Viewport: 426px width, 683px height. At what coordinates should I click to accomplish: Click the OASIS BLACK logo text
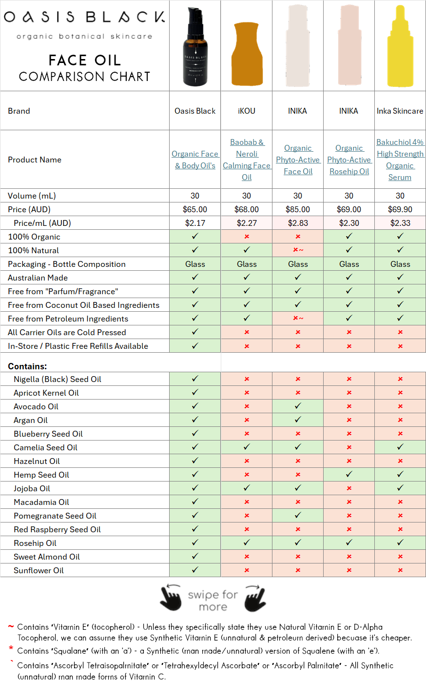[84, 17]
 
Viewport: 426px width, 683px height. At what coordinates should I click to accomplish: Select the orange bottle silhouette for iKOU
[247, 55]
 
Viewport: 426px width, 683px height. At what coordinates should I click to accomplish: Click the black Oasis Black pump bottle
[195, 49]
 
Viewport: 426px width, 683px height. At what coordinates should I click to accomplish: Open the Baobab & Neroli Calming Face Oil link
[247, 160]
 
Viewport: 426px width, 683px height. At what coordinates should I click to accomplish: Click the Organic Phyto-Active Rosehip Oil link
[349, 160]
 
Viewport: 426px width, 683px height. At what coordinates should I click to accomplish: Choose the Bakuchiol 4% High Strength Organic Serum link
[400, 160]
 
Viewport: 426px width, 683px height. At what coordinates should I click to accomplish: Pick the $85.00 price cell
[297, 209]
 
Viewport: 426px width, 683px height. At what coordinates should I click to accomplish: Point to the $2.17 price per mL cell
[195, 223]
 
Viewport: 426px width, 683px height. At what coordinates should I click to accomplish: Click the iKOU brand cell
[247, 111]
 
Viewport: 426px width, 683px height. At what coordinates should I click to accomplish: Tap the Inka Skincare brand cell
[400, 111]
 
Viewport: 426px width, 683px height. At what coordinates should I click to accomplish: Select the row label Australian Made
[38, 278]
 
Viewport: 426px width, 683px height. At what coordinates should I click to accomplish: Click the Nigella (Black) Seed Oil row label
[58, 379]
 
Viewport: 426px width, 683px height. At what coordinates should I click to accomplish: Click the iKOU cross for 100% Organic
[247, 237]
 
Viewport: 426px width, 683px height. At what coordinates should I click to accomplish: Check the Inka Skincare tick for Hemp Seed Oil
[400, 474]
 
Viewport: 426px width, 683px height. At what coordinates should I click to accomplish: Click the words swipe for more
[213, 601]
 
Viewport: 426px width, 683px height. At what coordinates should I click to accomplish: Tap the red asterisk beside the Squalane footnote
[11, 649]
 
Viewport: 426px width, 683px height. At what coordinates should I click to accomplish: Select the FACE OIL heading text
[84, 60]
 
